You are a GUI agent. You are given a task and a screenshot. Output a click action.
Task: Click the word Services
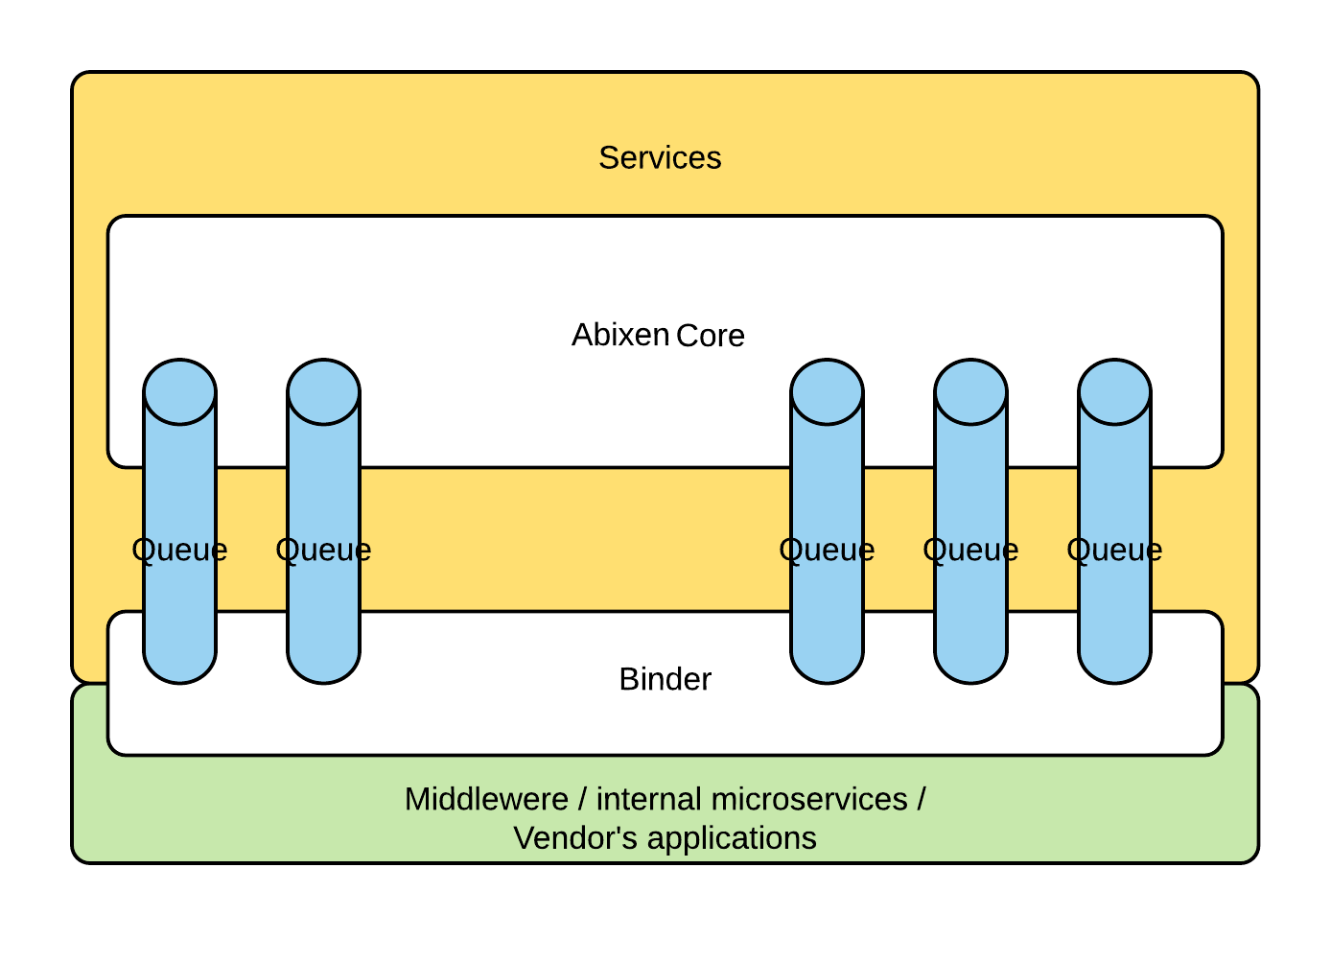(660, 158)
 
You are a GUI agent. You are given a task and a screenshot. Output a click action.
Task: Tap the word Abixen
(620, 335)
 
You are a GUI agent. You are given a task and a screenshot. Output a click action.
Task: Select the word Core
(711, 336)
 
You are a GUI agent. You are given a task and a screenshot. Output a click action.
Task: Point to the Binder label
(665, 679)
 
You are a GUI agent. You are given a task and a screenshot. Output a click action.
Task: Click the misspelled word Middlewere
(486, 799)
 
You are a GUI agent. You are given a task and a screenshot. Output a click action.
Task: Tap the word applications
(732, 838)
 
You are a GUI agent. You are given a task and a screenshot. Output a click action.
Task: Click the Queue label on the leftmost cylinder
(179, 550)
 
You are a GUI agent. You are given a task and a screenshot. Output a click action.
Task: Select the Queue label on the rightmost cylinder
(1114, 550)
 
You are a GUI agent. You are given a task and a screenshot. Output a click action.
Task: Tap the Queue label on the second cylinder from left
(323, 550)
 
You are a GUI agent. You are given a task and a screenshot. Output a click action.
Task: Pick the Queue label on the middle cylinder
(827, 550)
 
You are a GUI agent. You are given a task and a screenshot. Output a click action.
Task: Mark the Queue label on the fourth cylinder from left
(970, 550)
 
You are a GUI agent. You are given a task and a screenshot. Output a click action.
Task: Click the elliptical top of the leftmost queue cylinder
(179, 392)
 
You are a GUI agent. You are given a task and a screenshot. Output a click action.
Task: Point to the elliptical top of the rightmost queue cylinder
(1114, 392)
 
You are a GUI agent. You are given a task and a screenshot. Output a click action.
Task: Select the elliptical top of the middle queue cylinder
(827, 392)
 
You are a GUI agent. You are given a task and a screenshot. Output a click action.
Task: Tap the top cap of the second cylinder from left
(323, 392)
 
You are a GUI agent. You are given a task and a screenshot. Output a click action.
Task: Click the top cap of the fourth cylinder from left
(970, 392)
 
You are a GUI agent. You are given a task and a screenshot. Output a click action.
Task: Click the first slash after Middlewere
(582, 799)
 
